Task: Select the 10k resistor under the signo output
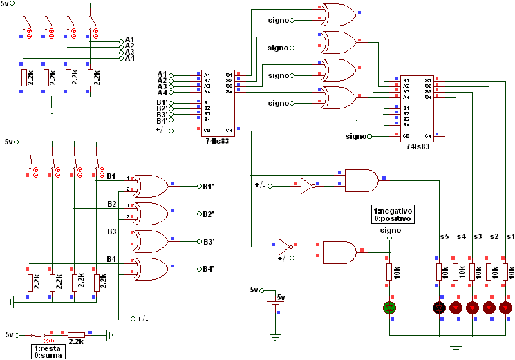click(389, 272)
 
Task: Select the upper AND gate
click(361, 181)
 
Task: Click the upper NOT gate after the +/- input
click(307, 186)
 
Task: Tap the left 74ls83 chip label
click(218, 140)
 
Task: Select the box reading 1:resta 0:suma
click(49, 350)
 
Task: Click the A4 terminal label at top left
click(130, 59)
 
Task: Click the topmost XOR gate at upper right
click(339, 13)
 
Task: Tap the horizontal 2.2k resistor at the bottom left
click(76, 334)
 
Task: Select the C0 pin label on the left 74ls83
click(207, 129)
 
